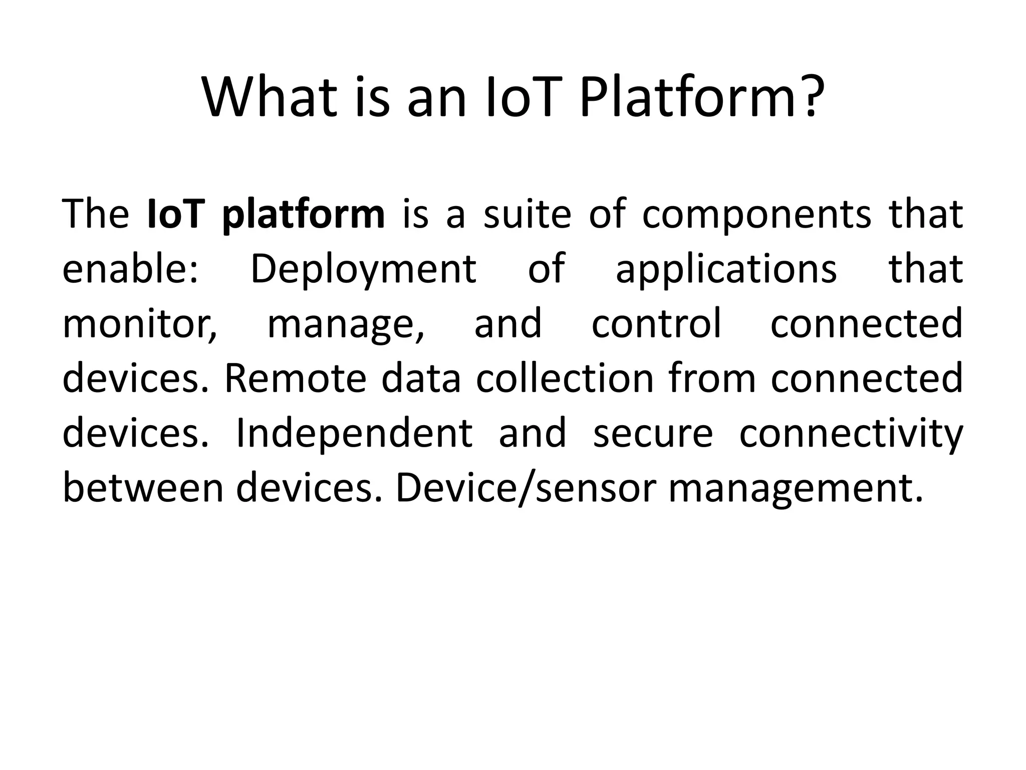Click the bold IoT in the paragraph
tap(176, 214)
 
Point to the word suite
tap(527, 214)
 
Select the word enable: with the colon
tap(130, 269)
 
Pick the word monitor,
tap(140, 324)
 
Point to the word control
tap(656, 323)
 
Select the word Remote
tap(295, 378)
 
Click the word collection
tap(565, 378)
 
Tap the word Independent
tap(354, 434)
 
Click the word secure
tap(652, 434)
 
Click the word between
tap(143, 488)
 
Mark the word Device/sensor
tap(526, 488)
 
